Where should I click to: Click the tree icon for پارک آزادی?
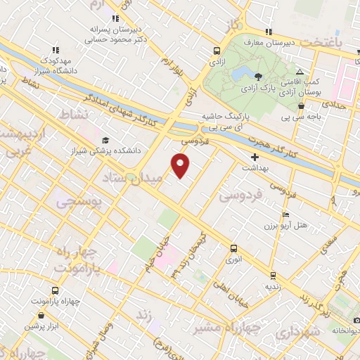[259, 77]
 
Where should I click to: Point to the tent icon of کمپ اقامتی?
[300, 72]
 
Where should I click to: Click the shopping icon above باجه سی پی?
[301, 106]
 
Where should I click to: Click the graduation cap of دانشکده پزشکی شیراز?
[105, 140]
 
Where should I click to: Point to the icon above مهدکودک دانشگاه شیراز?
[55, 50]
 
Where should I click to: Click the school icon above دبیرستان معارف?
[268, 32]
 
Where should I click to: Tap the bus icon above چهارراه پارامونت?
[55, 290]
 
